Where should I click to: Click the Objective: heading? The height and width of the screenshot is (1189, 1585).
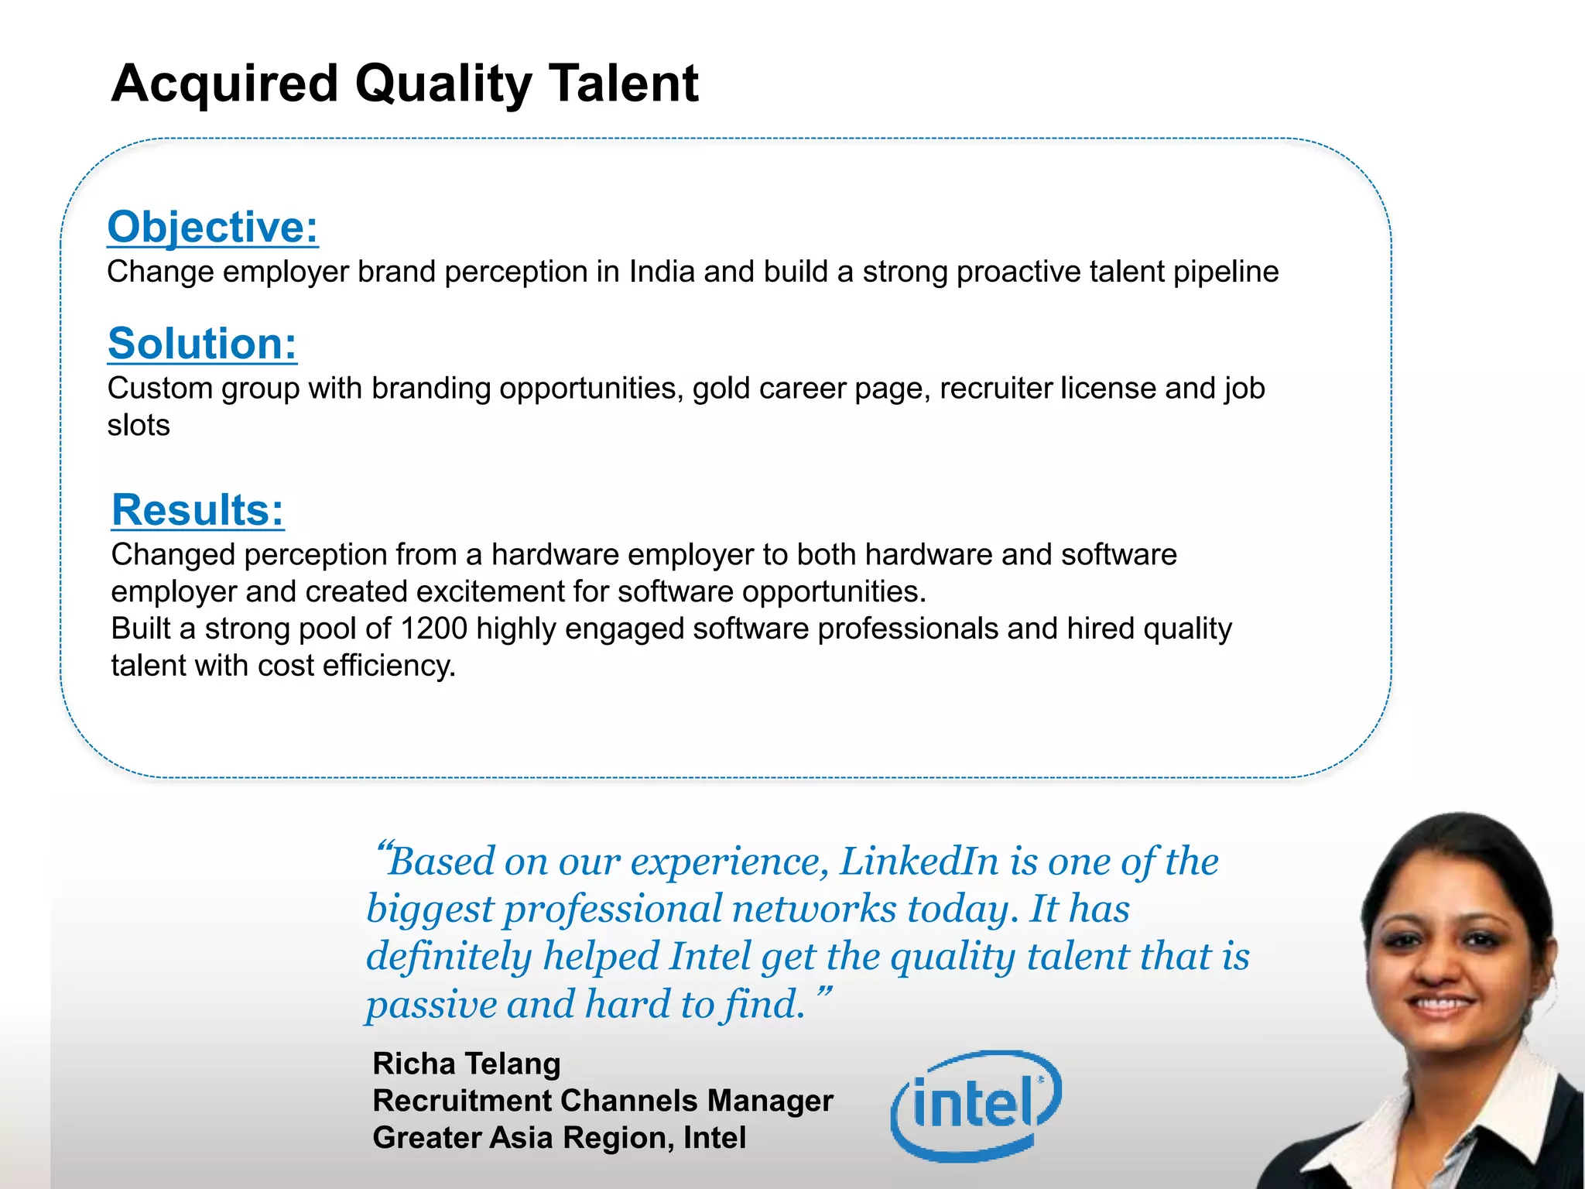coord(213,227)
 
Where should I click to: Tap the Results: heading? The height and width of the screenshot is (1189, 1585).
coord(198,510)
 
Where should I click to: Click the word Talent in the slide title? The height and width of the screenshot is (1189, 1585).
coord(623,84)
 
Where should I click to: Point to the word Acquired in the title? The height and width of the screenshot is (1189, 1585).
coord(225,84)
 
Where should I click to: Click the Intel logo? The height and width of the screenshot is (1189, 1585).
coord(976,1105)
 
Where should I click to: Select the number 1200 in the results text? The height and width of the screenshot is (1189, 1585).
coord(433,629)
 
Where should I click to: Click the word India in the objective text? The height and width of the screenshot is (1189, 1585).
coord(662,272)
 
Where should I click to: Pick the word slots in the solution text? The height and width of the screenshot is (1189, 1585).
coord(139,426)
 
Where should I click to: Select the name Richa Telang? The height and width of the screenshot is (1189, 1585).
coord(466,1064)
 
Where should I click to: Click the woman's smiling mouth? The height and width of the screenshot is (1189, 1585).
coord(1441,1005)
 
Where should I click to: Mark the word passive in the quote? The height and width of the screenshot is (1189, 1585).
coord(432,1005)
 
